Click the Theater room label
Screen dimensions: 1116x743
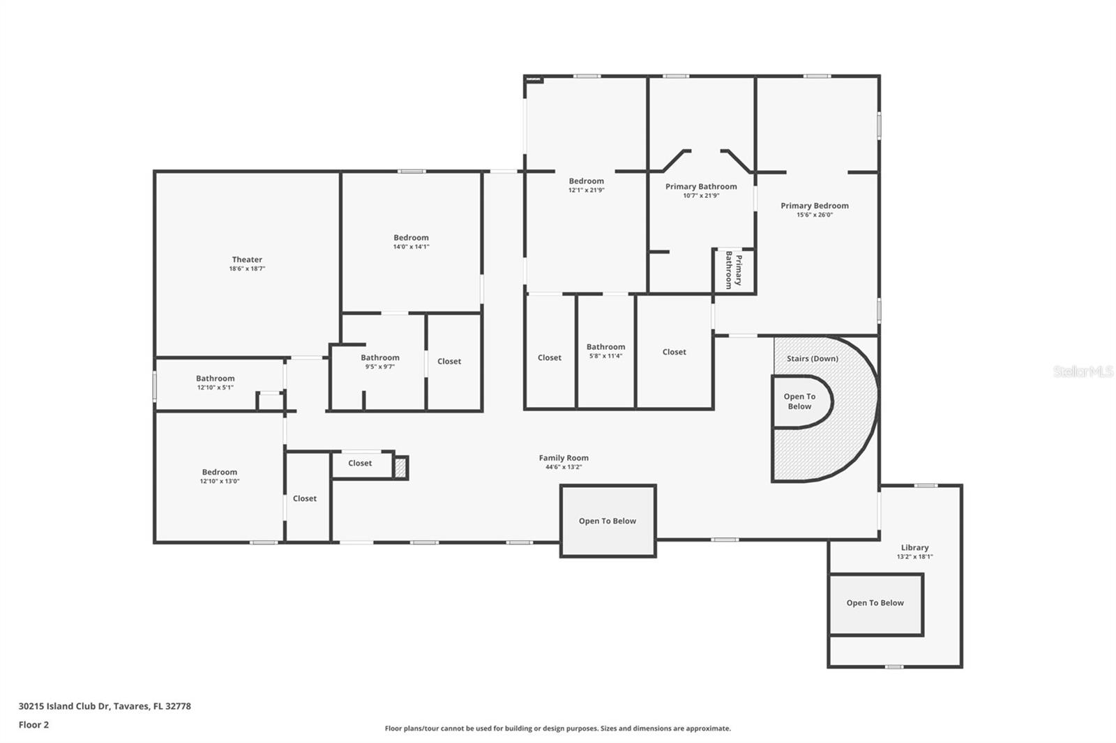click(247, 259)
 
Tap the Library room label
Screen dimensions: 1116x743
click(914, 547)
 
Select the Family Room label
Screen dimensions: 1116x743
click(564, 458)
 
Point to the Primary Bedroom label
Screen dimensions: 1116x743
click(815, 206)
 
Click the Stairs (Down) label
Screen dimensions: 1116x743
click(813, 358)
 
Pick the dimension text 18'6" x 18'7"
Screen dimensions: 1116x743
click(247, 269)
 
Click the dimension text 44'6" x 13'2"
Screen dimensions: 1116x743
click(564, 467)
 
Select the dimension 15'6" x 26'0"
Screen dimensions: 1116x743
click(815, 215)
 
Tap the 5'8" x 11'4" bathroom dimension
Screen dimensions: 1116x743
click(606, 356)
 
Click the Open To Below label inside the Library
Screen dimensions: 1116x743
click(875, 603)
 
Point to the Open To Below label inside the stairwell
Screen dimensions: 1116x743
click(799, 401)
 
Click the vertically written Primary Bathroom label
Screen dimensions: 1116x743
click(733, 270)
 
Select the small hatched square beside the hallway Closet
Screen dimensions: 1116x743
click(400, 467)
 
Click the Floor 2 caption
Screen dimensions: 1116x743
click(34, 725)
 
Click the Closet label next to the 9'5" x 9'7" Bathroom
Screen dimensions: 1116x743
click(449, 362)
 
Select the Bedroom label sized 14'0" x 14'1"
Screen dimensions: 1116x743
click(411, 238)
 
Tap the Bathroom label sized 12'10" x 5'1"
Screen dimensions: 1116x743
click(216, 378)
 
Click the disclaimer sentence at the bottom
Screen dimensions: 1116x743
click(557, 728)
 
